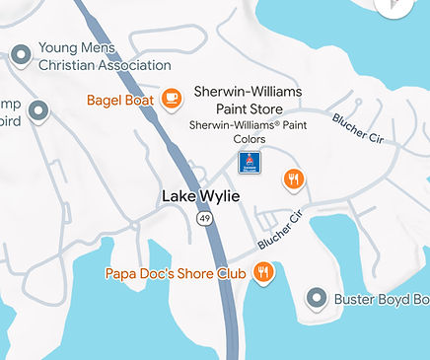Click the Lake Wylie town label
coord(200,196)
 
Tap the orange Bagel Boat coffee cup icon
coord(172,98)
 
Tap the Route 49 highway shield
coord(203,217)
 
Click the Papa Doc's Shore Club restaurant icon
coord(262,272)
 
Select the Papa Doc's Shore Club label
coord(174,272)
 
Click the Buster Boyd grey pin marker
coord(316,297)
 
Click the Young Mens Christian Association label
coord(91,56)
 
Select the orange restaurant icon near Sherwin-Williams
coord(293,179)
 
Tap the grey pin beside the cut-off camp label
coord(38,111)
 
